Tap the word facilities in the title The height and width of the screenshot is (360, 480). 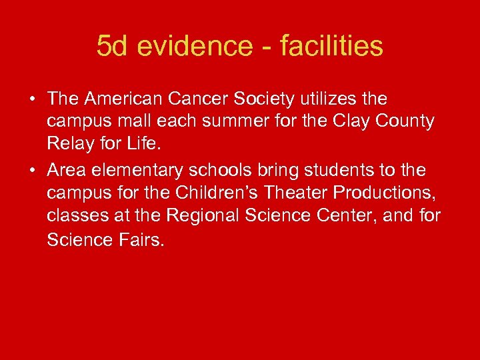coord(331,47)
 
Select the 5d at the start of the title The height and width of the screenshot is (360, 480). coord(111,47)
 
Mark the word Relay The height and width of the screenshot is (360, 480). coord(67,145)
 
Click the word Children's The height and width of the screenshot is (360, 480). coord(217,193)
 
